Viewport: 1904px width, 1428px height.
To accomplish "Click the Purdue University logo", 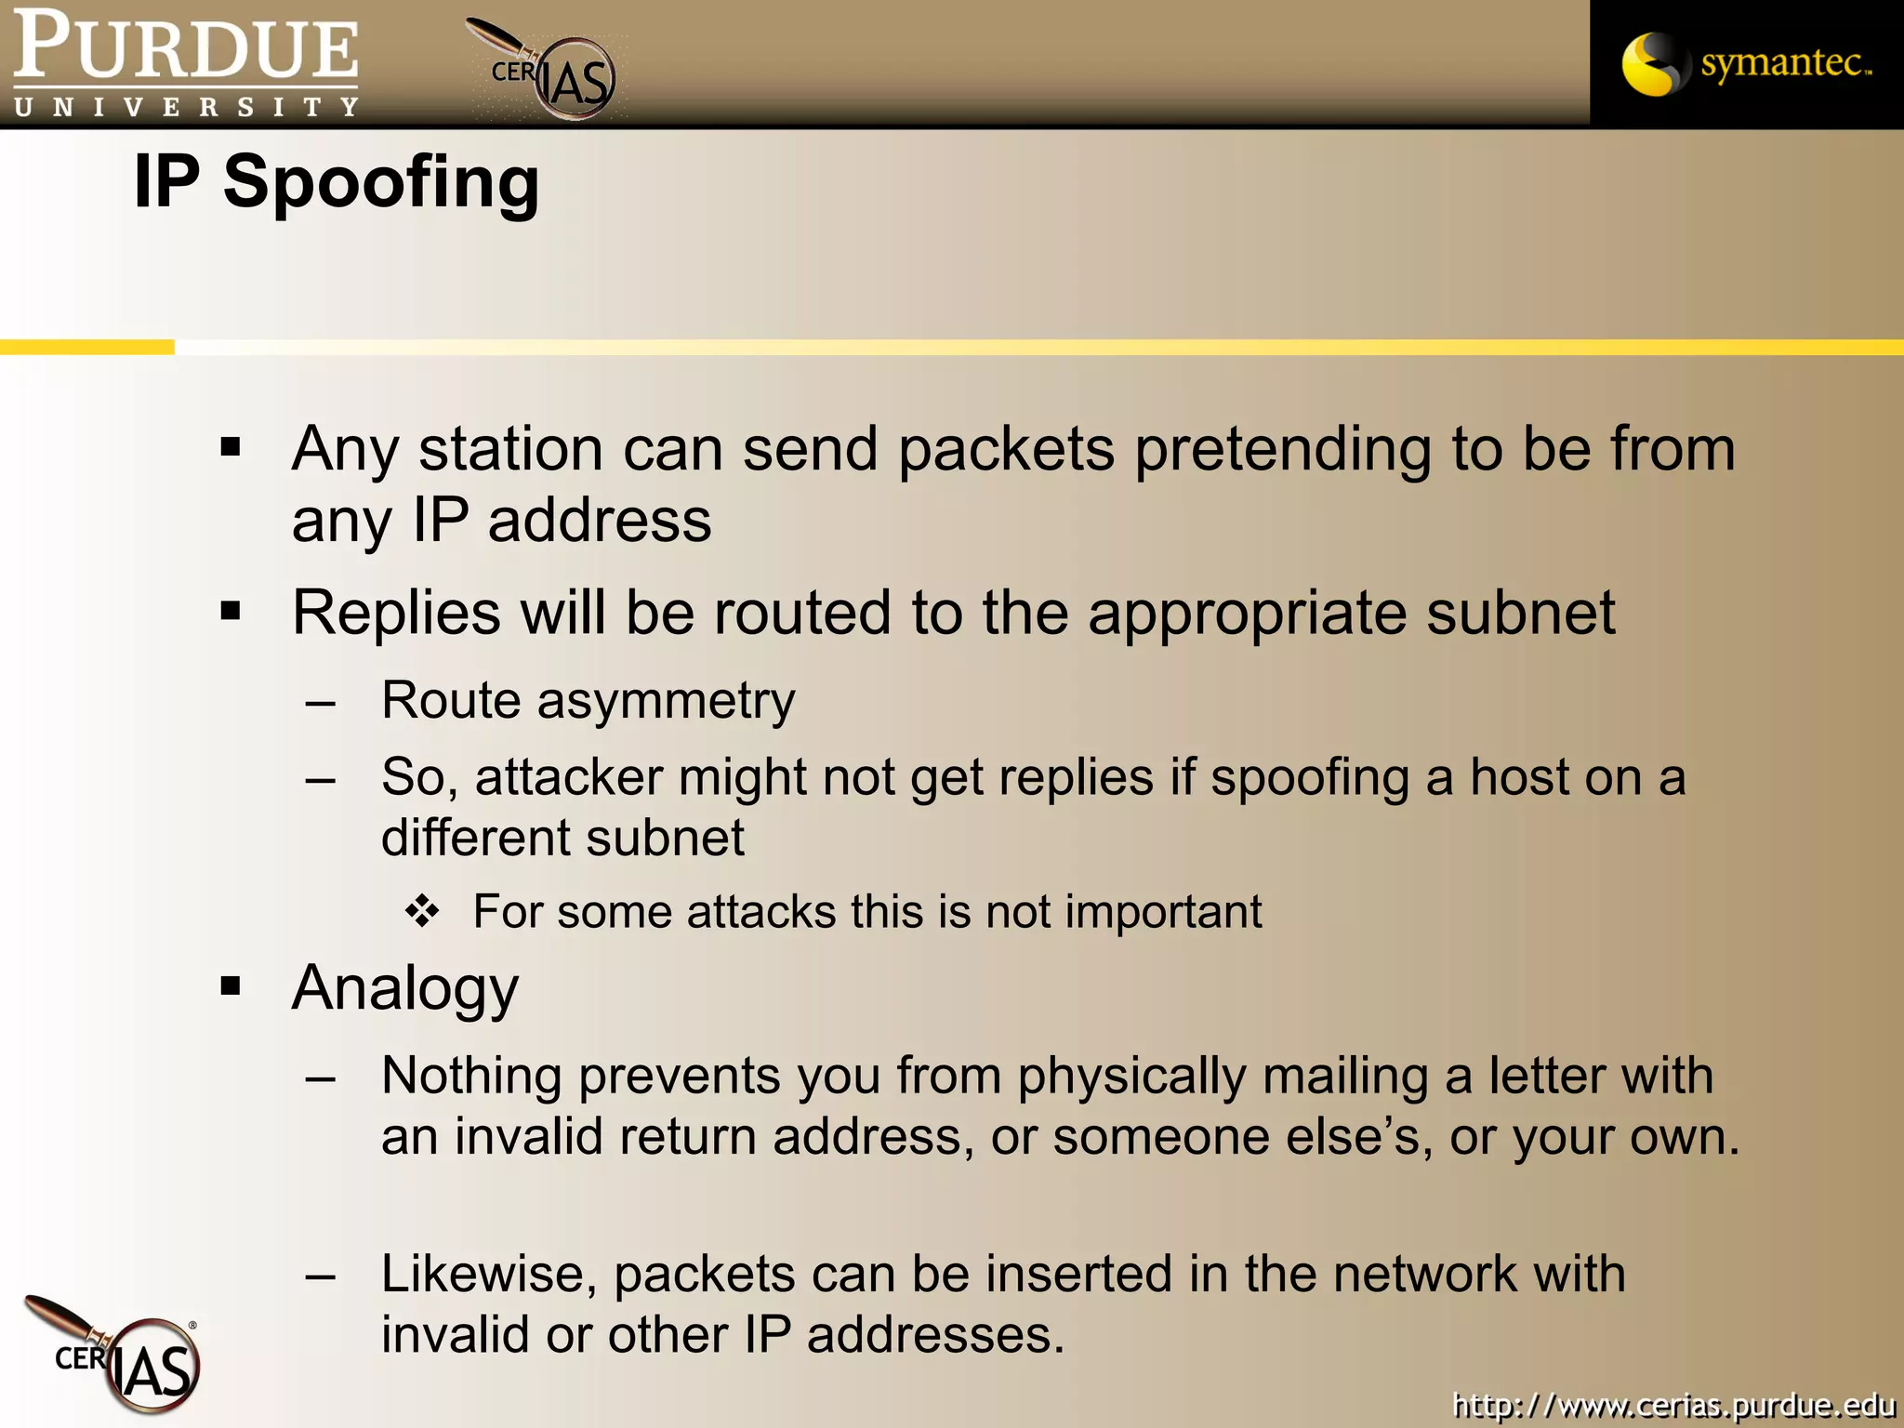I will (x=186, y=63).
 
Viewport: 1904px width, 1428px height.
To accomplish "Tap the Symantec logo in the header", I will (x=1746, y=64).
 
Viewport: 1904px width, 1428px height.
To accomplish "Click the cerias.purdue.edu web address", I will (x=1673, y=1404).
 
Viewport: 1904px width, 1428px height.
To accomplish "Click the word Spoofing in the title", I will (x=381, y=182).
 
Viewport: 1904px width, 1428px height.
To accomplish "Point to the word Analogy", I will (x=405, y=988).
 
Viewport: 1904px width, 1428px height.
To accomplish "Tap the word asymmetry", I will (x=666, y=701).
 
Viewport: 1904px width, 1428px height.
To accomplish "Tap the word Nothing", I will (x=471, y=1076).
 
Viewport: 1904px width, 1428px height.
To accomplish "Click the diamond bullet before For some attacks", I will (x=422, y=912).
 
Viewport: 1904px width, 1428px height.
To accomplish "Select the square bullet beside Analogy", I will (x=231, y=986).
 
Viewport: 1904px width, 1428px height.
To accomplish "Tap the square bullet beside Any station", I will (x=231, y=448).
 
